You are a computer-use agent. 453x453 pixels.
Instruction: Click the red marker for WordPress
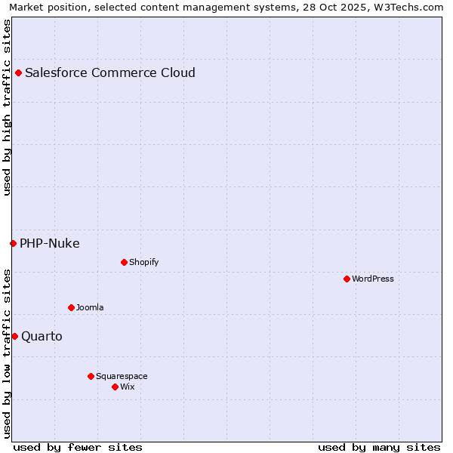347,279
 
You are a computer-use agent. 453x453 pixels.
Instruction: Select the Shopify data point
124,262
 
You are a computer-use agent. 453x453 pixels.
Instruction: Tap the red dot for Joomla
71,307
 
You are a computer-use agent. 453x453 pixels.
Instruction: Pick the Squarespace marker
91,376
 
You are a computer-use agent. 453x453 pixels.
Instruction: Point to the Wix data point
115,387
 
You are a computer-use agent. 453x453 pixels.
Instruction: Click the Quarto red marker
14,336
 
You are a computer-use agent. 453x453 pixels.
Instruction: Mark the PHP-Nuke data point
13,243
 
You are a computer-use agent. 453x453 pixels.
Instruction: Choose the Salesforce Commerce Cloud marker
18,72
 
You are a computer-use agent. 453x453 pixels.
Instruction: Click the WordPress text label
373,279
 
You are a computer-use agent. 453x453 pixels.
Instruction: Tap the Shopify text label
143,262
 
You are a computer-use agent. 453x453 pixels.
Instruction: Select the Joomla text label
90,307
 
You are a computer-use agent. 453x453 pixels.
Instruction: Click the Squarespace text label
122,376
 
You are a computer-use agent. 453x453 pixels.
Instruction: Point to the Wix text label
128,387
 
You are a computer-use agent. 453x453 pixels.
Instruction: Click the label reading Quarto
42,336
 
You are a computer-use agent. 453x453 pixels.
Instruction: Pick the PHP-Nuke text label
50,243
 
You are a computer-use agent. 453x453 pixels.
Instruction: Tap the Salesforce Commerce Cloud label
110,72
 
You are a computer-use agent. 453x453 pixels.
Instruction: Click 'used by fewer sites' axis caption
78,447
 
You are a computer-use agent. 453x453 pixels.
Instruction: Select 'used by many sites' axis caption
379,447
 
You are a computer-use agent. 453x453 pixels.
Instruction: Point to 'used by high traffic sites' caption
8,107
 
